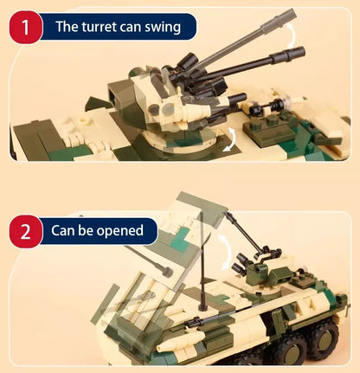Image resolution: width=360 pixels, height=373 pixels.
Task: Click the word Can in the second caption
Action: [66, 231]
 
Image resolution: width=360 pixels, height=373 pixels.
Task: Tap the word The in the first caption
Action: [67, 27]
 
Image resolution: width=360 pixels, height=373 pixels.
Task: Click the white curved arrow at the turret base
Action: [230, 138]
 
